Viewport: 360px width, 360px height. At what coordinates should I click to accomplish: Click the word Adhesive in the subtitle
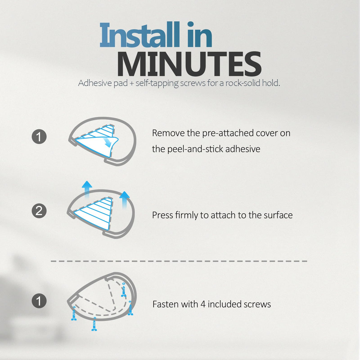pyautogui.click(x=95, y=83)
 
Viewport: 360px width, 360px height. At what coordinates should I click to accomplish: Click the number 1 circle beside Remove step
pyautogui.click(x=39, y=136)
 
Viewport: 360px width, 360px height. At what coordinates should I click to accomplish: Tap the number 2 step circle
pyautogui.click(x=39, y=211)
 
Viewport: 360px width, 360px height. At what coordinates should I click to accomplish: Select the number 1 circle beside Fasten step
pyautogui.click(x=39, y=301)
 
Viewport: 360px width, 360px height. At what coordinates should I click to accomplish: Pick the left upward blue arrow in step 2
pyautogui.click(x=87, y=189)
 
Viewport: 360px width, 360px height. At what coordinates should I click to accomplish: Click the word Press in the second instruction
pyautogui.click(x=162, y=215)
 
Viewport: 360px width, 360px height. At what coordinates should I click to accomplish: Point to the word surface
pyautogui.click(x=278, y=215)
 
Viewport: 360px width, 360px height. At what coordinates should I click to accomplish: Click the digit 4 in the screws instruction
pyautogui.click(x=203, y=304)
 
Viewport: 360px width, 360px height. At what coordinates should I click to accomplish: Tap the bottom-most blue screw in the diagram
pyautogui.click(x=94, y=324)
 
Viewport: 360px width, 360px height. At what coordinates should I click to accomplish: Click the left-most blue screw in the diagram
pyautogui.click(x=74, y=313)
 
